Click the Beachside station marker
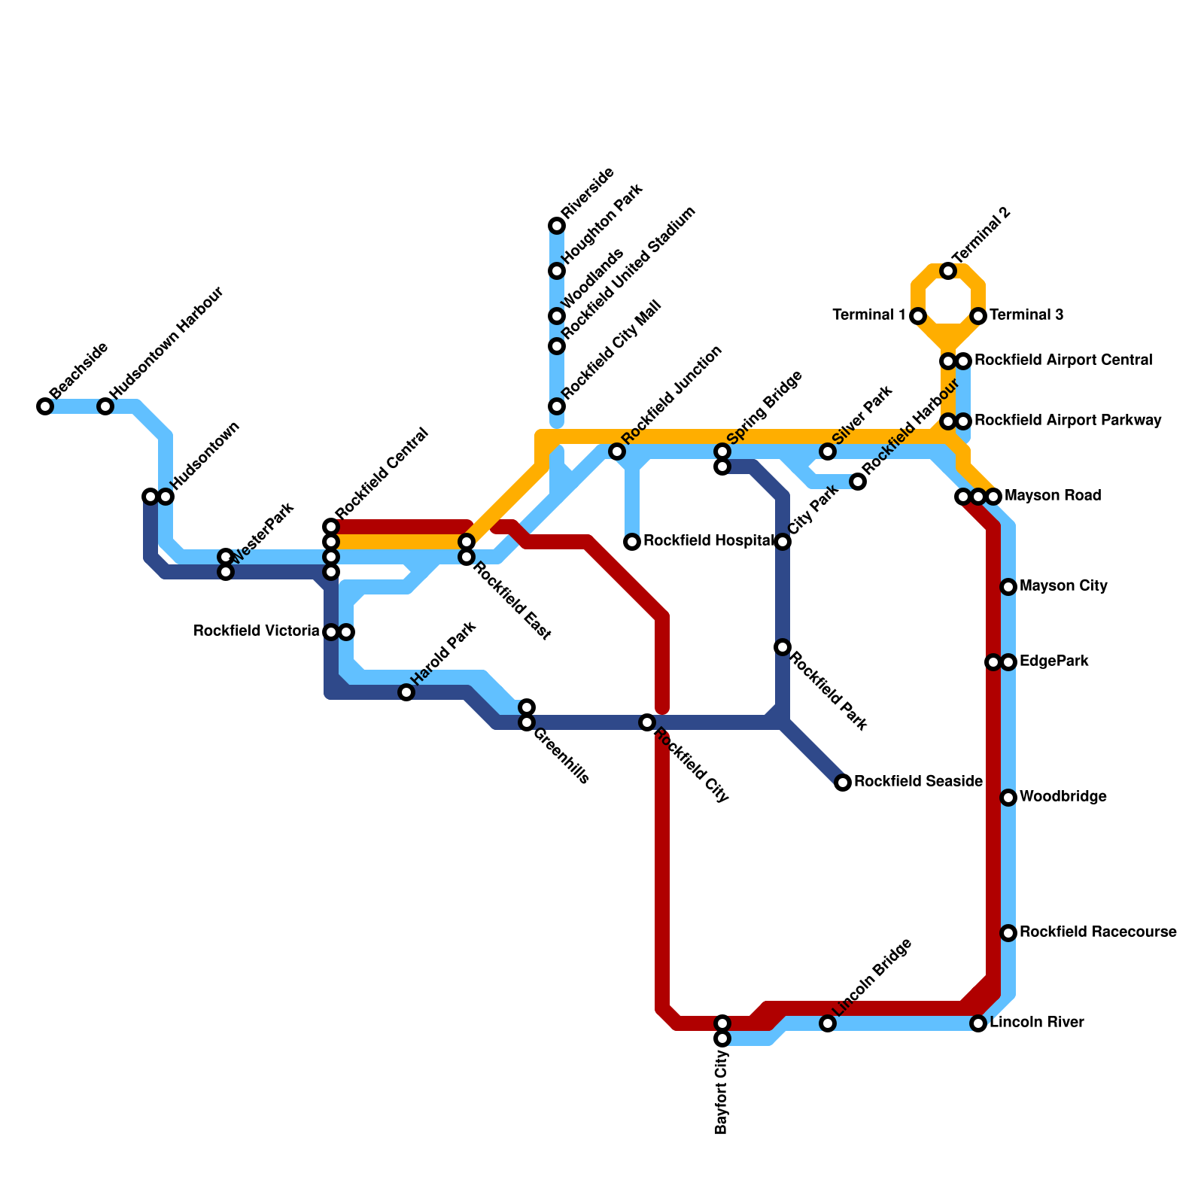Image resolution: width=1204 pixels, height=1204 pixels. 45,406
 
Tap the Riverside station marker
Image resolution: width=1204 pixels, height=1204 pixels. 557,226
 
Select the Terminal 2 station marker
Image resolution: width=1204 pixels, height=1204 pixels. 948,271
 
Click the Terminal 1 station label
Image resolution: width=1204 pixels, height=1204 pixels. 869,315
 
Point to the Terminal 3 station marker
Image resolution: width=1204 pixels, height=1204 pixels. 978,316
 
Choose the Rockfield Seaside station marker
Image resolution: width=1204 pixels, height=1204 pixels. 843,783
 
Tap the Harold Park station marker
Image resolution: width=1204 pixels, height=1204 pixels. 406,692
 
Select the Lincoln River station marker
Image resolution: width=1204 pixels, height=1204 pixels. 978,1023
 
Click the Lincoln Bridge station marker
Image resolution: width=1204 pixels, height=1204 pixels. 828,1023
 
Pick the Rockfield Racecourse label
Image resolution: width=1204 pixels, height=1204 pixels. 1098,932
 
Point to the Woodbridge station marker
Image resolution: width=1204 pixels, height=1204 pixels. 1008,798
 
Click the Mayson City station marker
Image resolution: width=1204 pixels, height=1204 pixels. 1008,587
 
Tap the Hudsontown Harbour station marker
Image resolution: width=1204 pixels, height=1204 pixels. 105,406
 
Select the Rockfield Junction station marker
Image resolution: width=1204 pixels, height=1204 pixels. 617,451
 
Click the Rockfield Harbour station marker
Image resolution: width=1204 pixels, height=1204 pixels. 858,482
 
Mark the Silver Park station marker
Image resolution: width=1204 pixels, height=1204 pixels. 828,451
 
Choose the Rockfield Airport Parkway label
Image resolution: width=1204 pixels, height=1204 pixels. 1068,421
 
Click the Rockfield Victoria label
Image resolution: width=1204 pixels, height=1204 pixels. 257,631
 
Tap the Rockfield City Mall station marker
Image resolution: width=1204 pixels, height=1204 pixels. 557,406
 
